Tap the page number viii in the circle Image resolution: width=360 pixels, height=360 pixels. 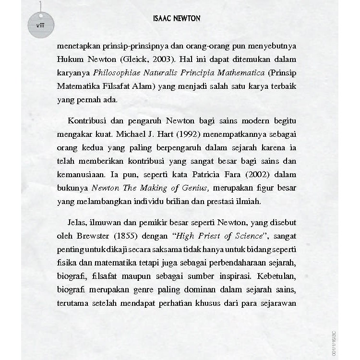(x=40, y=25)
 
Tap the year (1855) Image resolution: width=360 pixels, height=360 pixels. (x=125, y=236)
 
